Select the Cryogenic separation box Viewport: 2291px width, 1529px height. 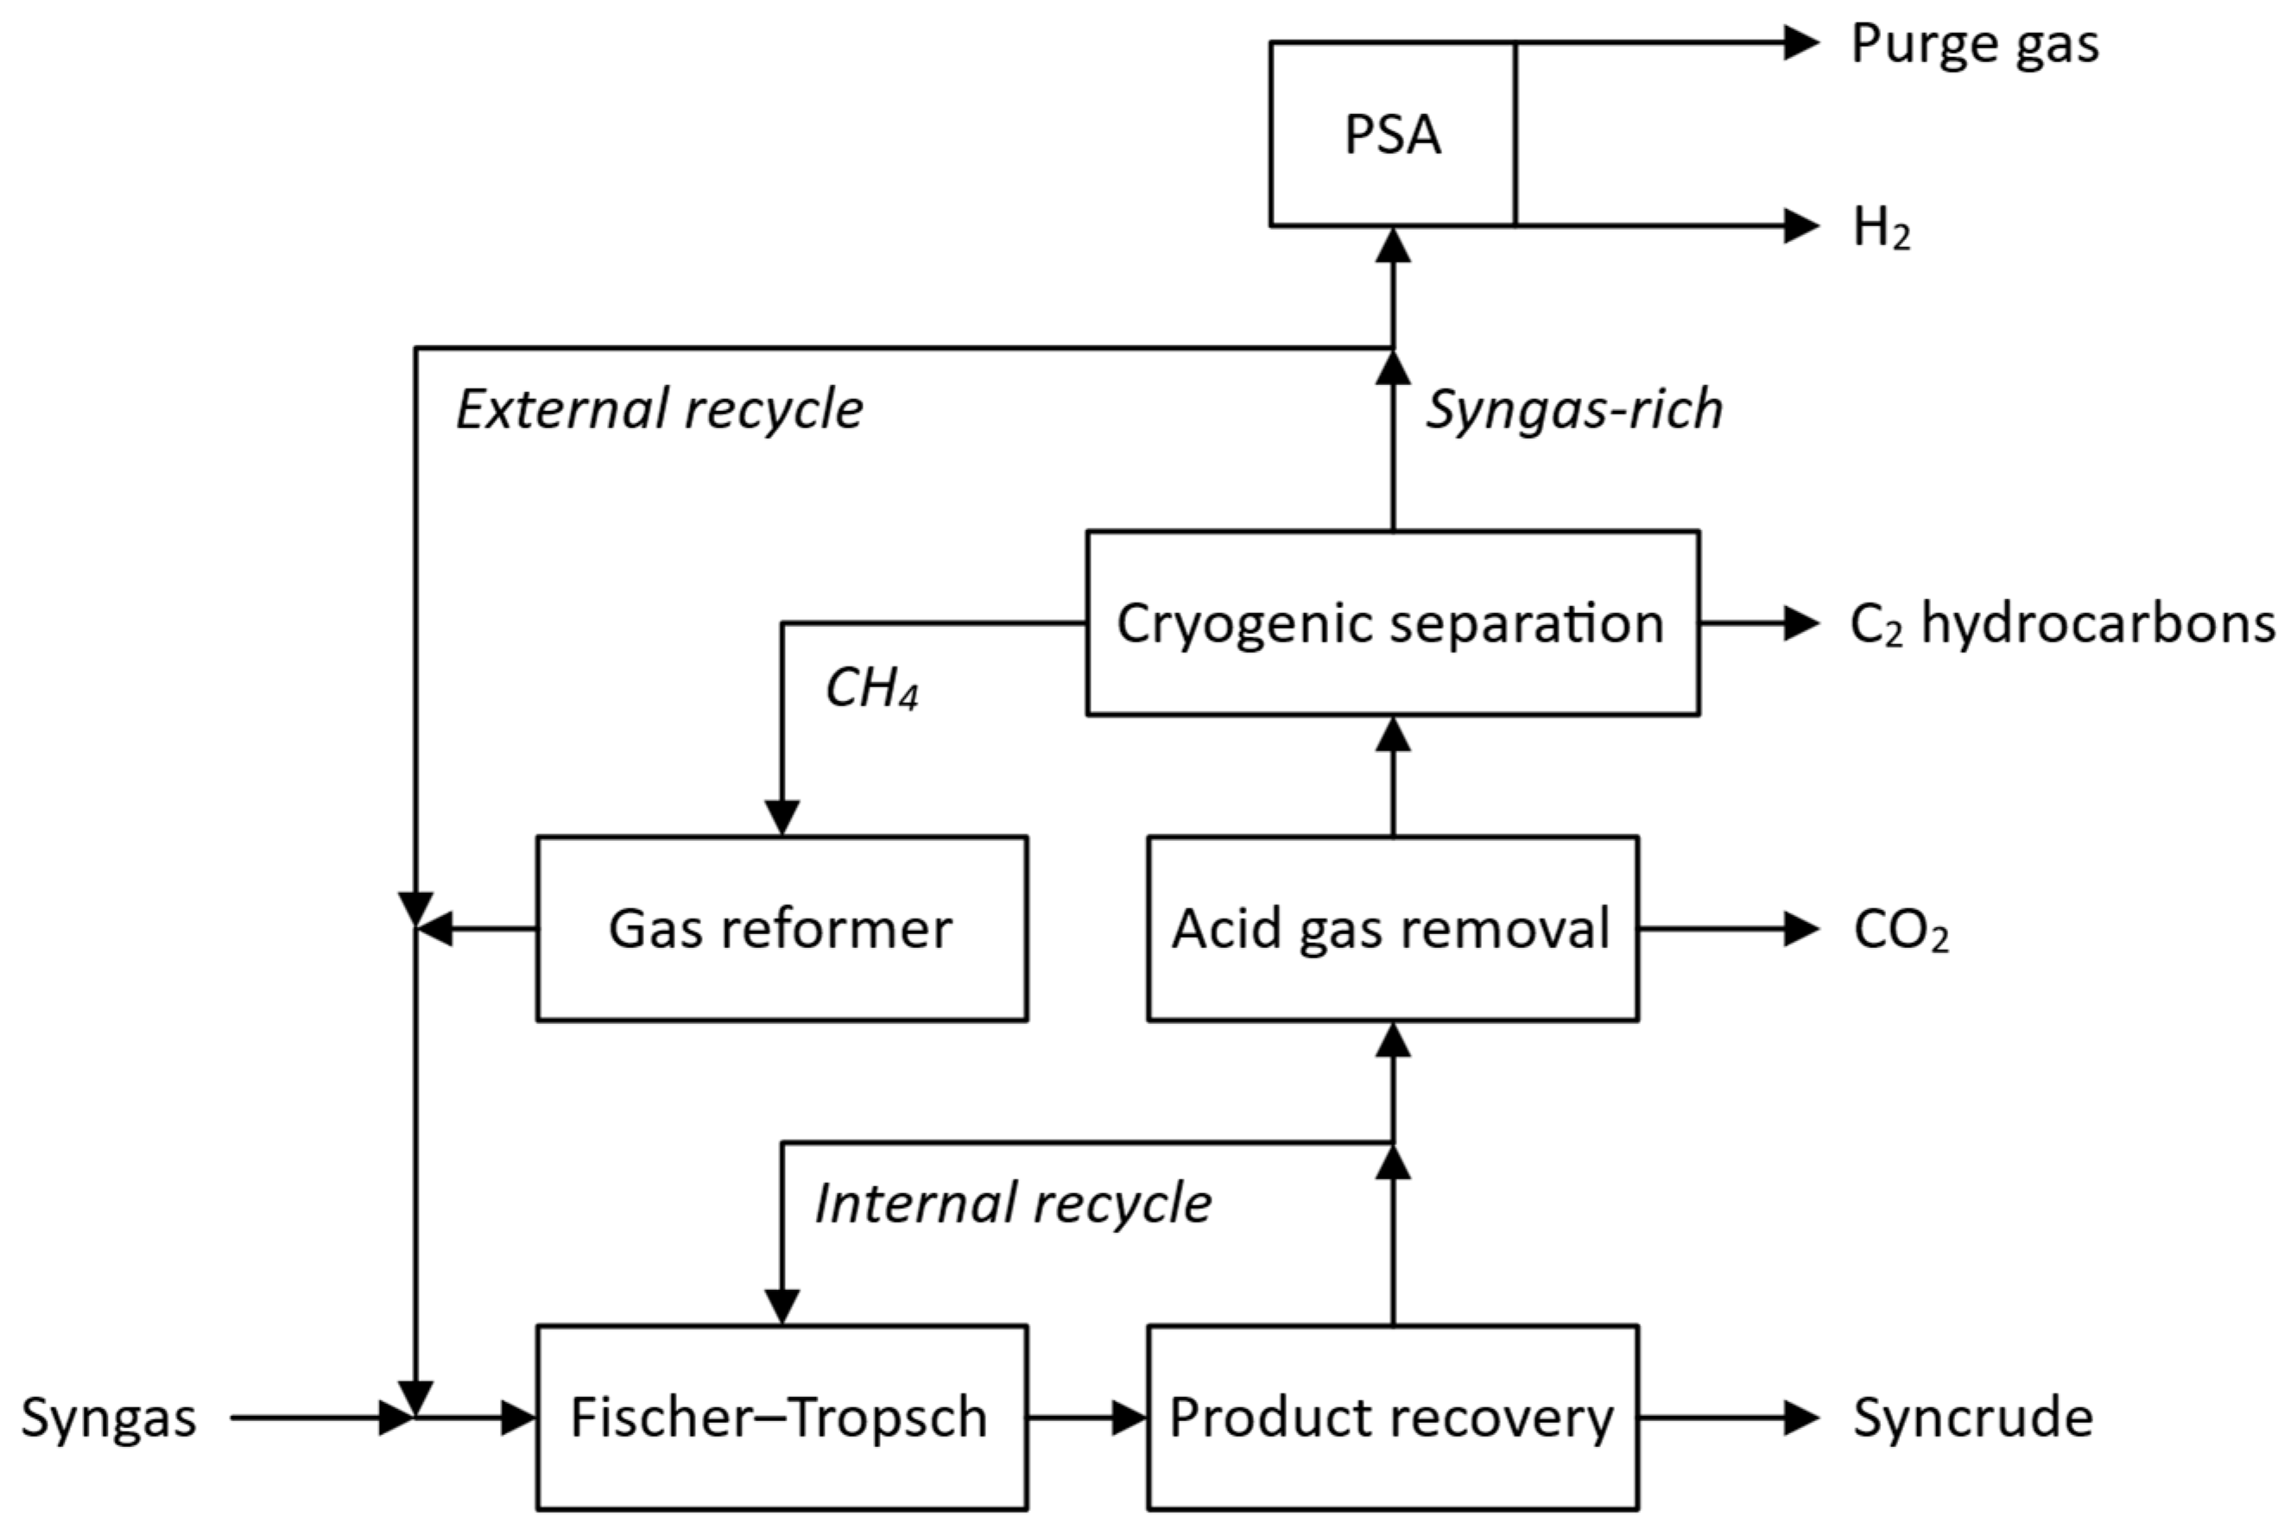click(x=1392, y=623)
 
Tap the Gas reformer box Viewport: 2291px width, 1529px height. click(x=782, y=928)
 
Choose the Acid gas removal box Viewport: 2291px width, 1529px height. click(x=1392, y=928)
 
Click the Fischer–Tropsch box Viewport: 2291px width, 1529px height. click(x=782, y=1417)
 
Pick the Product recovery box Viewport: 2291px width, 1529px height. click(x=1392, y=1417)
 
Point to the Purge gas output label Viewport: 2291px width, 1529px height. click(x=1974, y=45)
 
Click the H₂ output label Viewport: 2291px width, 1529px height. click(x=1881, y=228)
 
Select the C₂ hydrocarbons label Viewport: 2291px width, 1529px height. click(x=2060, y=623)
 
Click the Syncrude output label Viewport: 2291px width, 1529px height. click(x=1972, y=1418)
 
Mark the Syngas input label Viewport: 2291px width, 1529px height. click(x=109, y=1418)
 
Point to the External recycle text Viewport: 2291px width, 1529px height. click(x=659, y=409)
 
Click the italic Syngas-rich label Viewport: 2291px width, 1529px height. click(x=1573, y=409)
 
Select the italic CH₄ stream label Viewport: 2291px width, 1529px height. click(x=871, y=688)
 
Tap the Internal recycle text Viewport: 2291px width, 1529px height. click(x=1012, y=1204)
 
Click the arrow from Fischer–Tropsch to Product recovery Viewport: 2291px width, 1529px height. click(x=1086, y=1417)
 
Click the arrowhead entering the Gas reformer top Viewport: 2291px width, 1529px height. click(x=782, y=817)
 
